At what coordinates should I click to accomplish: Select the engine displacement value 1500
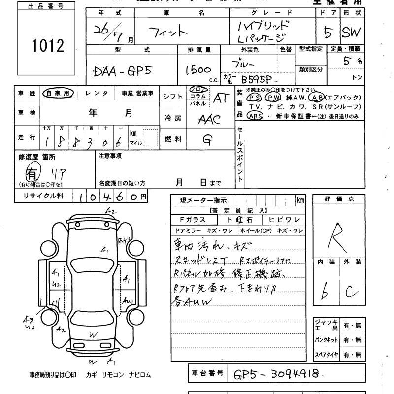pyautogui.click(x=198, y=70)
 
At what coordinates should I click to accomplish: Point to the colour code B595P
pyautogui.click(x=258, y=79)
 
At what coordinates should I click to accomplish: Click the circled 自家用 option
pyautogui.click(x=58, y=93)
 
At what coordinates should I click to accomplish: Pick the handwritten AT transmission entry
pyautogui.click(x=221, y=98)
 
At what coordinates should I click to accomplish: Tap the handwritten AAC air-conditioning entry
pyautogui.click(x=209, y=120)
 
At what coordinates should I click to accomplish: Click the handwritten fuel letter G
pyautogui.click(x=207, y=140)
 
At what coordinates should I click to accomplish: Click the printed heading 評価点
pyautogui.click(x=339, y=199)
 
